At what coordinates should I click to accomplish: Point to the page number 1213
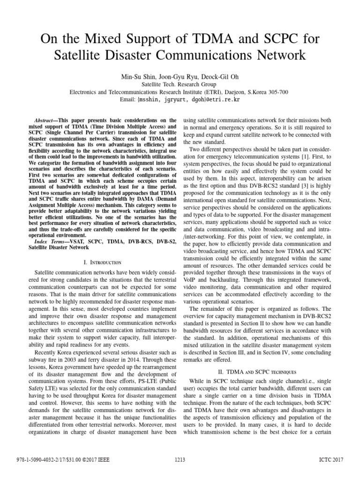180,460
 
